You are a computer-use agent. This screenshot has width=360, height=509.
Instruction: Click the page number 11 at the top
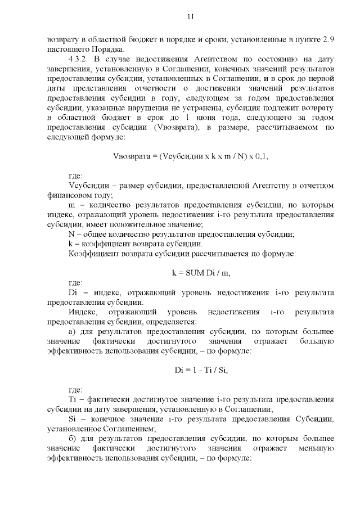click(190, 17)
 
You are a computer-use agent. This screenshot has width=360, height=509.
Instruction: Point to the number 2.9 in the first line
click(330, 40)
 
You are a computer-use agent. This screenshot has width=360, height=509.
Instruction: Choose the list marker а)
click(72, 331)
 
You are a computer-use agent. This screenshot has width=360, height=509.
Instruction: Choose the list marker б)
click(72, 438)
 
